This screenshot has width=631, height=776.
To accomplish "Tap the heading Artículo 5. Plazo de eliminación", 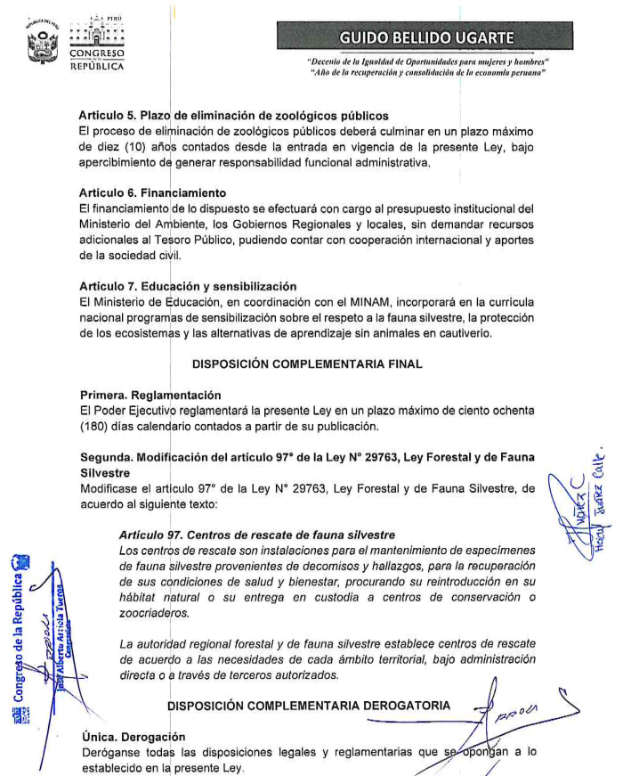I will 233,116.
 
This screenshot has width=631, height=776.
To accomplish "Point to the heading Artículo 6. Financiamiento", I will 152,193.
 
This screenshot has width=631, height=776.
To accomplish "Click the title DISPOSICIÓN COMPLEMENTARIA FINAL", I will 307,363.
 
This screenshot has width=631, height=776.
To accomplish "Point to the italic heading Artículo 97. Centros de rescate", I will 257,535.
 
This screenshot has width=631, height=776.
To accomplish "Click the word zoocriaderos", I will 154,613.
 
